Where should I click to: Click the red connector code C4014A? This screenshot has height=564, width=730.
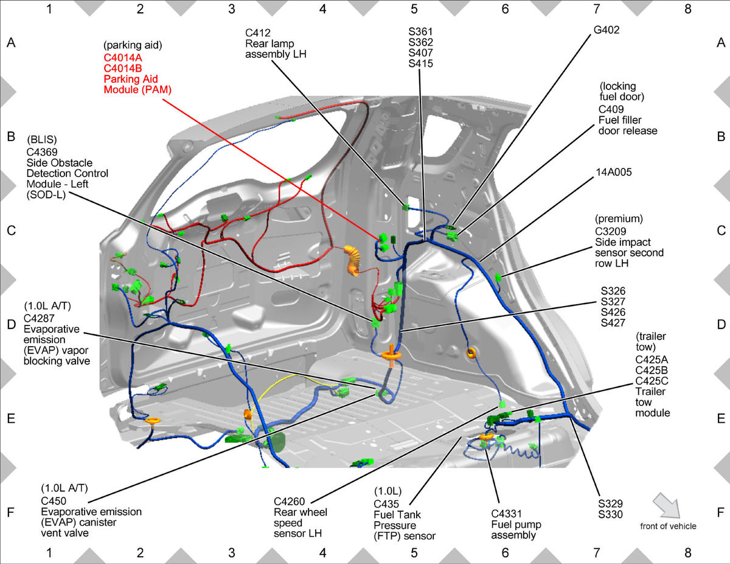pos(123,58)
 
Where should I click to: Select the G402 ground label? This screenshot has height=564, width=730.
pos(607,30)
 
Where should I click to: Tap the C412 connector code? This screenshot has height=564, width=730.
pos(258,33)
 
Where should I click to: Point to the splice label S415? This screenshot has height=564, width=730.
pos(420,63)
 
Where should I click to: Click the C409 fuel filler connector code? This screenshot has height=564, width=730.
pos(611,110)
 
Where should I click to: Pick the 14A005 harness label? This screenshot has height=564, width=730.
pos(614,172)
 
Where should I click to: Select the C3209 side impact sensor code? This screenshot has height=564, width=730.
pos(611,231)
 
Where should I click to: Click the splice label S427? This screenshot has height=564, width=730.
pos(613,323)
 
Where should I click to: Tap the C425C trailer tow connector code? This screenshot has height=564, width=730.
pos(652,381)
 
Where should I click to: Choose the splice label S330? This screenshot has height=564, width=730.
pos(610,514)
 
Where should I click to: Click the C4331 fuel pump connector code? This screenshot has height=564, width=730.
pos(507,514)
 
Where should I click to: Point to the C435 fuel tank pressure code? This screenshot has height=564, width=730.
pos(386,504)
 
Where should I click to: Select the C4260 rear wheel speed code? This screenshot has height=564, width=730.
pos(289,501)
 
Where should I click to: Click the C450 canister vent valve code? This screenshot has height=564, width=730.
pos(54,501)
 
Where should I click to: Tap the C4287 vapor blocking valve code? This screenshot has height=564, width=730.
pos(39,318)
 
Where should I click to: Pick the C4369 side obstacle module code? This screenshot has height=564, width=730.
pos(42,152)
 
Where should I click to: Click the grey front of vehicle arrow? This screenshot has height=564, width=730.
pos(667,505)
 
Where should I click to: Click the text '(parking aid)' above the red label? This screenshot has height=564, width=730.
pos(133,45)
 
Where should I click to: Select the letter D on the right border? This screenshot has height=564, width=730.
pos(721,324)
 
